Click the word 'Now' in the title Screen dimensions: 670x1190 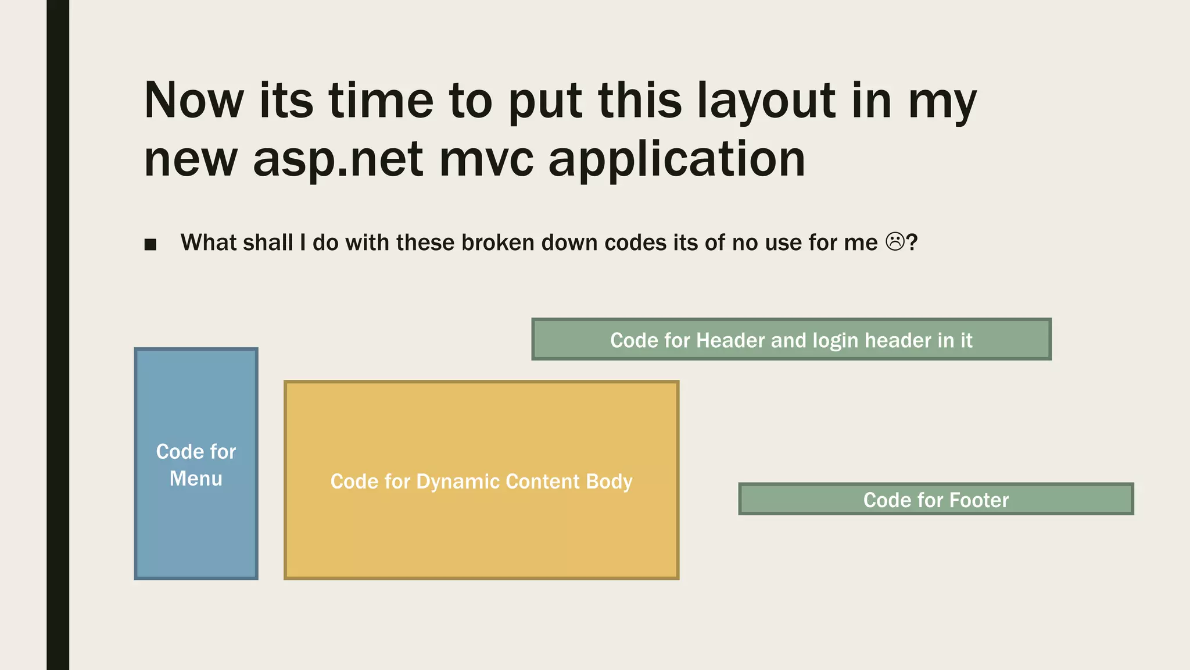pos(193,101)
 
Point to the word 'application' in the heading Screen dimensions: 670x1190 pos(676,159)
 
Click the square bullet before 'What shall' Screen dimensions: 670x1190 pos(150,244)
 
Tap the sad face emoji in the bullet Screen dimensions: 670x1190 pos(895,242)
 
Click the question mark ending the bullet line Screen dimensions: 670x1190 pos(912,243)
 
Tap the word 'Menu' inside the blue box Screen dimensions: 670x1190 pos(196,479)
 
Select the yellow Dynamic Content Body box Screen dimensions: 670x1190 pos(481,535)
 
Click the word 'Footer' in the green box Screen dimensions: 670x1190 pos(980,500)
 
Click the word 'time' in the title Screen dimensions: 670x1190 pos(381,101)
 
